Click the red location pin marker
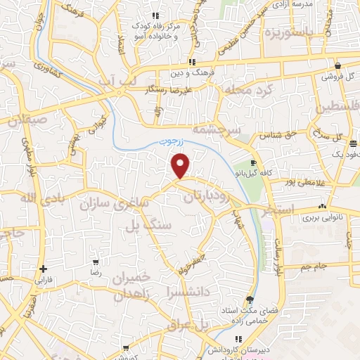tap(181, 167)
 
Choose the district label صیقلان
tap(27, 120)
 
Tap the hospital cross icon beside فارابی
tap(44, 269)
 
